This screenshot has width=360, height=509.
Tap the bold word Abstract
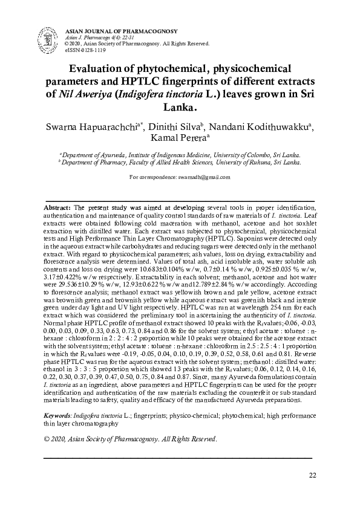57,207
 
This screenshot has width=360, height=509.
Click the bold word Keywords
59,417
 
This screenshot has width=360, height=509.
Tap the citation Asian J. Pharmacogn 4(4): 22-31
97,37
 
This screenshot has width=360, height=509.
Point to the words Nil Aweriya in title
80,95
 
